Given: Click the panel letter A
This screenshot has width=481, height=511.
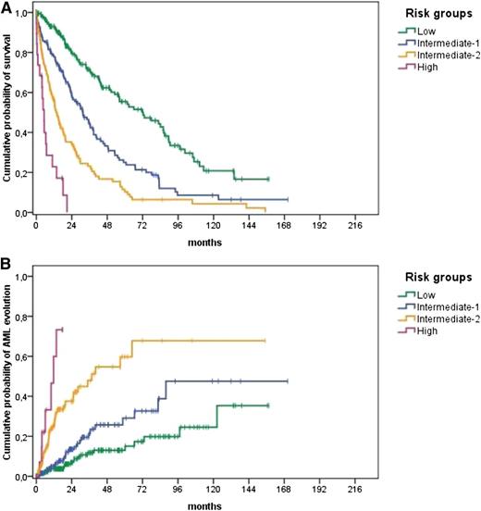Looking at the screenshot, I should tap(6, 7).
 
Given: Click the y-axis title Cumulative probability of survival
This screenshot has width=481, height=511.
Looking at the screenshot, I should tap(8, 111).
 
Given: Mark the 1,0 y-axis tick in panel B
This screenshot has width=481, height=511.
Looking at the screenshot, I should tap(22, 277).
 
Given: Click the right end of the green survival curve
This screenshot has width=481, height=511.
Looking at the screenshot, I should tap(268, 179).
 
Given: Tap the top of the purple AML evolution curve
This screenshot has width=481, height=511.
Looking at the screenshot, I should tap(61, 329).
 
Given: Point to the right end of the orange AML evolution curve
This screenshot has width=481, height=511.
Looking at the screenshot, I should tap(265, 341).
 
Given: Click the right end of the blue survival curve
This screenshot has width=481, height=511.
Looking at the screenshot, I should tap(288, 199).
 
